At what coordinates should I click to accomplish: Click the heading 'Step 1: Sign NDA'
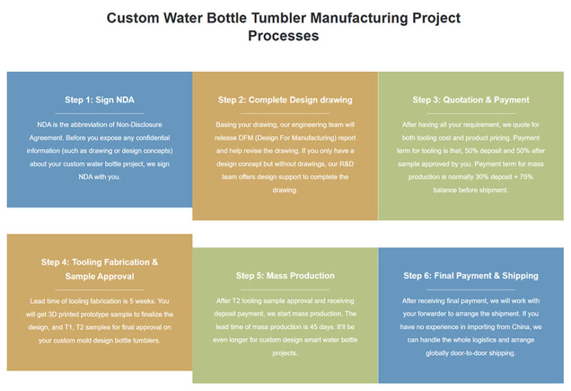click(x=99, y=100)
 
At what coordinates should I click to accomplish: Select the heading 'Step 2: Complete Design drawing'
click(x=285, y=100)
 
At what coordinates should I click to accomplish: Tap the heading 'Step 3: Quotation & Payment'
click(x=470, y=100)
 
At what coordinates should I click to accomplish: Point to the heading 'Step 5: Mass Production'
click(x=285, y=275)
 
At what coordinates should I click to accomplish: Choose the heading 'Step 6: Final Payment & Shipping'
click(x=470, y=275)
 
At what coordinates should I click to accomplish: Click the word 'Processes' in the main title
click(x=283, y=36)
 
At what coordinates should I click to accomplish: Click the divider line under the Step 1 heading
click(x=99, y=113)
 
